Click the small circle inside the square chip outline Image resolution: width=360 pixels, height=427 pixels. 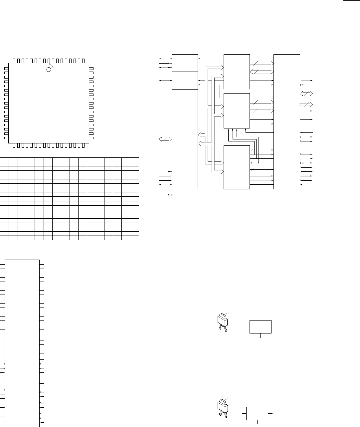pos(49,70)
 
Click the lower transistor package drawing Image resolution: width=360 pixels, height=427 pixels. pos(222,408)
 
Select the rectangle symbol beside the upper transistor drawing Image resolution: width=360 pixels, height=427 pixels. pos(261,326)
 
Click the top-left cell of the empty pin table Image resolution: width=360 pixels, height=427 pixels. pos(4,162)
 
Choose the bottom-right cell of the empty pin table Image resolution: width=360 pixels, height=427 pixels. pos(130,238)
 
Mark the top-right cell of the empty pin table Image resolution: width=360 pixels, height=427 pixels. pos(130,162)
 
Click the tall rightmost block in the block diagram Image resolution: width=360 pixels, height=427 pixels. pos(286,121)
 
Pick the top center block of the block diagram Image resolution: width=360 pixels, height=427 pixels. pos(237,72)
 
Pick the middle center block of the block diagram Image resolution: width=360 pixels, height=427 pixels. pos(237,110)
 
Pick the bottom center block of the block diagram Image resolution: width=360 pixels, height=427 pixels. pos(237,167)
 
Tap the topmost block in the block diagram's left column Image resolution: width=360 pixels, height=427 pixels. pos(185,63)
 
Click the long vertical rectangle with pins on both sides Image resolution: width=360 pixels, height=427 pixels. pos(23,343)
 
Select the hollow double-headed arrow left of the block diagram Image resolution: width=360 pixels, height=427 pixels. pos(165,139)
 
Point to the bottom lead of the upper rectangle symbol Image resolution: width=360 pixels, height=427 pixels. pos(261,335)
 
